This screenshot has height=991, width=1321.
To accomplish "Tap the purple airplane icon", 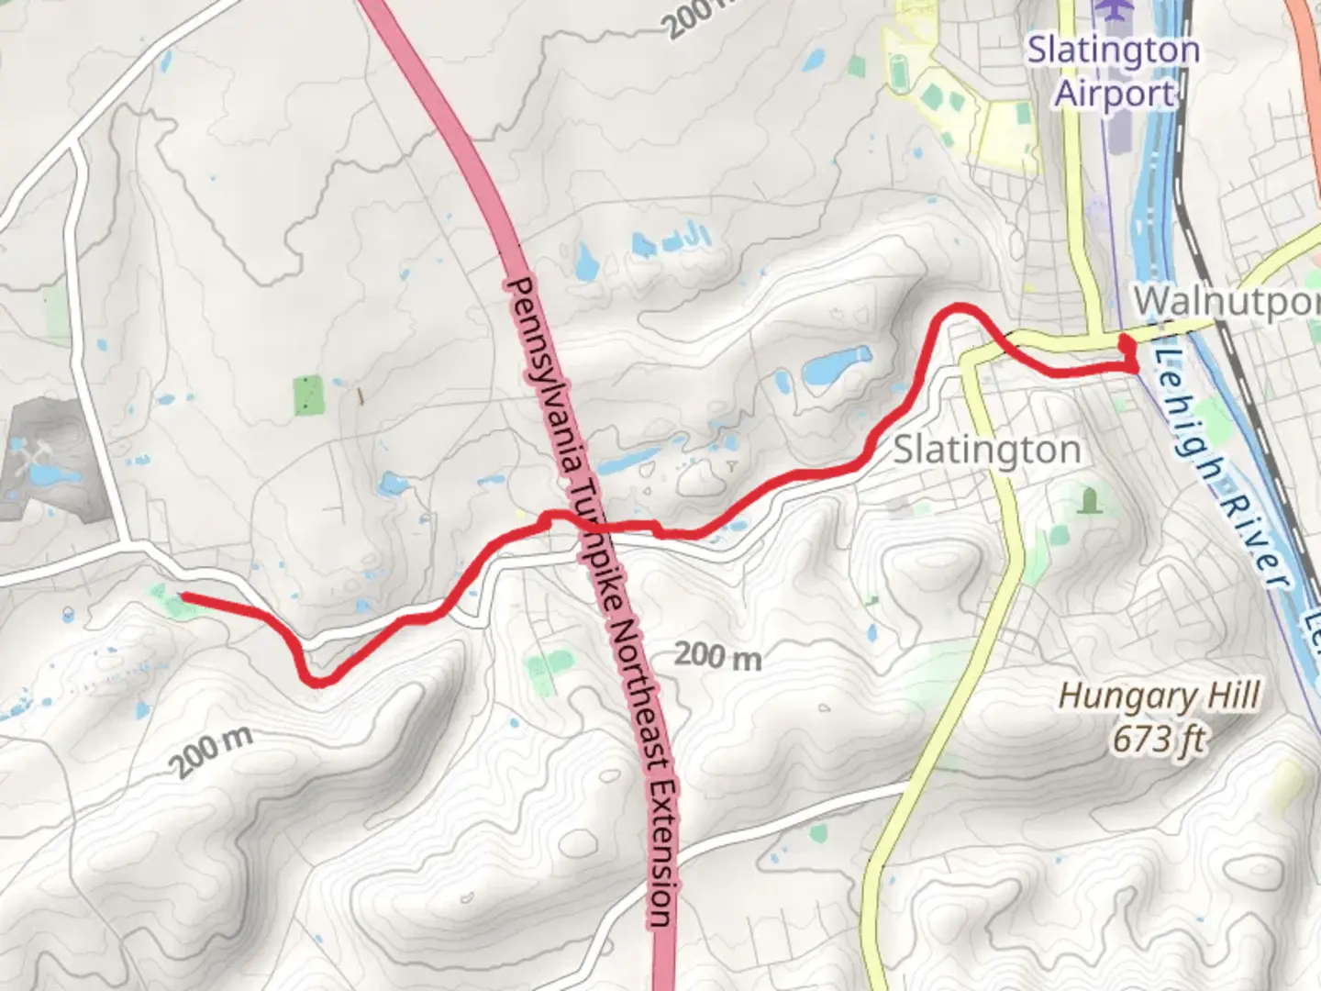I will [x=1115, y=10].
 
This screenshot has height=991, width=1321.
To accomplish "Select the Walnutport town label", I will [x=1226, y=301].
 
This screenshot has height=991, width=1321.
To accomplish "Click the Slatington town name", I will [x=986, y=450].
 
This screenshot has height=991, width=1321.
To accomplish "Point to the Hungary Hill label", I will [x=1160, y=696].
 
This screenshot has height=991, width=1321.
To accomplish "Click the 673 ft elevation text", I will [x=1160, y=739].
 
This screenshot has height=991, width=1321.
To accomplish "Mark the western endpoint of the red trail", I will [x=183, y=597].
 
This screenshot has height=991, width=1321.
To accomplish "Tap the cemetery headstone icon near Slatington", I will [x=1089, y=501].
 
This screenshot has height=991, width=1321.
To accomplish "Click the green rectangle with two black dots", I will [x=309, y=395].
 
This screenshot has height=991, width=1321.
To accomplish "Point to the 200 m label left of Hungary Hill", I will [x=717, y=655].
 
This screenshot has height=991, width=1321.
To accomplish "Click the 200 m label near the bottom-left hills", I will [x=211, y=752].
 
